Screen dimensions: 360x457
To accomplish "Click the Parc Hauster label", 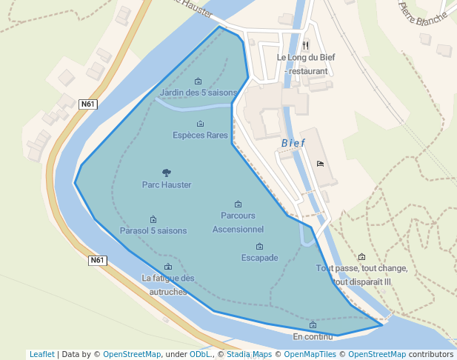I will coord(167,184).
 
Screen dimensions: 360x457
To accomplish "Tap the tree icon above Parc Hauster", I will coord(166,173).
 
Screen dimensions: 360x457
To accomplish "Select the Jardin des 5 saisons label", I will coord(198,93).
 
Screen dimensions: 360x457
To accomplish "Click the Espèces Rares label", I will coord(200,135).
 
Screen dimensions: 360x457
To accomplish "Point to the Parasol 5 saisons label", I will coord(153,230).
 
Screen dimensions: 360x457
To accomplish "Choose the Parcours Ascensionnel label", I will coord(238,222).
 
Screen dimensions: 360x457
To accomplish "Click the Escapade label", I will coord(259,258).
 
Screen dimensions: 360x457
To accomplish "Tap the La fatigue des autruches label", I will coord(168,284).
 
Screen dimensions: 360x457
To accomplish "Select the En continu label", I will coord(313,336).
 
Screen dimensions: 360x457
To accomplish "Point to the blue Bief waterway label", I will coord(293,143).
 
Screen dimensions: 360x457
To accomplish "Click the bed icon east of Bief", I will coord(320,164).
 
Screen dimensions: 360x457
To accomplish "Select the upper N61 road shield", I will coord(88,104).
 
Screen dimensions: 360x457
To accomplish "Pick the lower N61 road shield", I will coord(98,260).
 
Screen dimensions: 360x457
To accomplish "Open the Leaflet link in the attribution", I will coord(41,354).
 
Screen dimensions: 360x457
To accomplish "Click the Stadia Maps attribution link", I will coord(250,354).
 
